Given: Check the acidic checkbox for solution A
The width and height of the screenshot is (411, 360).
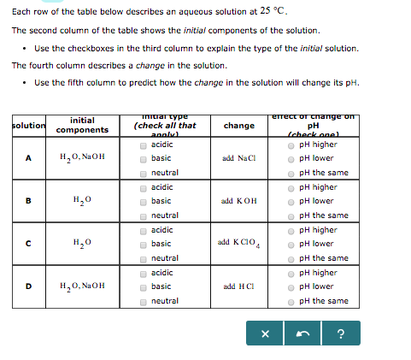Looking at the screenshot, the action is pos(143,145).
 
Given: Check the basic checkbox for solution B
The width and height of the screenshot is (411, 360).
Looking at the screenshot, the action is pos(143,202).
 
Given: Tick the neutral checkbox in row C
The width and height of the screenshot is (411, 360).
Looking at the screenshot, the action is pos(143,258).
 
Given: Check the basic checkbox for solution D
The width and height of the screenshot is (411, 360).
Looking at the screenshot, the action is pos(143,286).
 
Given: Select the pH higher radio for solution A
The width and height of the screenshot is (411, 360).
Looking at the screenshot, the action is pos(293,145).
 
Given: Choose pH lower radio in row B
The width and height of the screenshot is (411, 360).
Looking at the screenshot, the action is pos(293,202).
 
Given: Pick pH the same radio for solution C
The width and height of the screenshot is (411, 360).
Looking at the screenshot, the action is pos(293,258).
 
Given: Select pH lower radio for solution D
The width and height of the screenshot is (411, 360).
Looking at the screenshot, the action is pos(293,286).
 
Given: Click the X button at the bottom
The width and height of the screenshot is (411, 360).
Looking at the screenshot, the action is pos(266,334).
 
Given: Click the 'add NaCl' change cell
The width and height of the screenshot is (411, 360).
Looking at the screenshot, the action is pos(238,159).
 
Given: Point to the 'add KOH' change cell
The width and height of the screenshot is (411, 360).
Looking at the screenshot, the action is pos(238,202).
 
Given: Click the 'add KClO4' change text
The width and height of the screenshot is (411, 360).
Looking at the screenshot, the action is pos(238,245).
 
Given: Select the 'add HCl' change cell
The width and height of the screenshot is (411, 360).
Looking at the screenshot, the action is pos(238,286).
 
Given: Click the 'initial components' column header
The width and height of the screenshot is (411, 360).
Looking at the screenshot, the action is pos(83,125).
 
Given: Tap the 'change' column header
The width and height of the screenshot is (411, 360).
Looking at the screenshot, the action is pos(238,126).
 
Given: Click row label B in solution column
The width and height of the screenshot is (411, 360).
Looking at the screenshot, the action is pos(28,202).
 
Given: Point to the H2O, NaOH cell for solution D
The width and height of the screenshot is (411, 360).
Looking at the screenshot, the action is pos(83,286).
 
